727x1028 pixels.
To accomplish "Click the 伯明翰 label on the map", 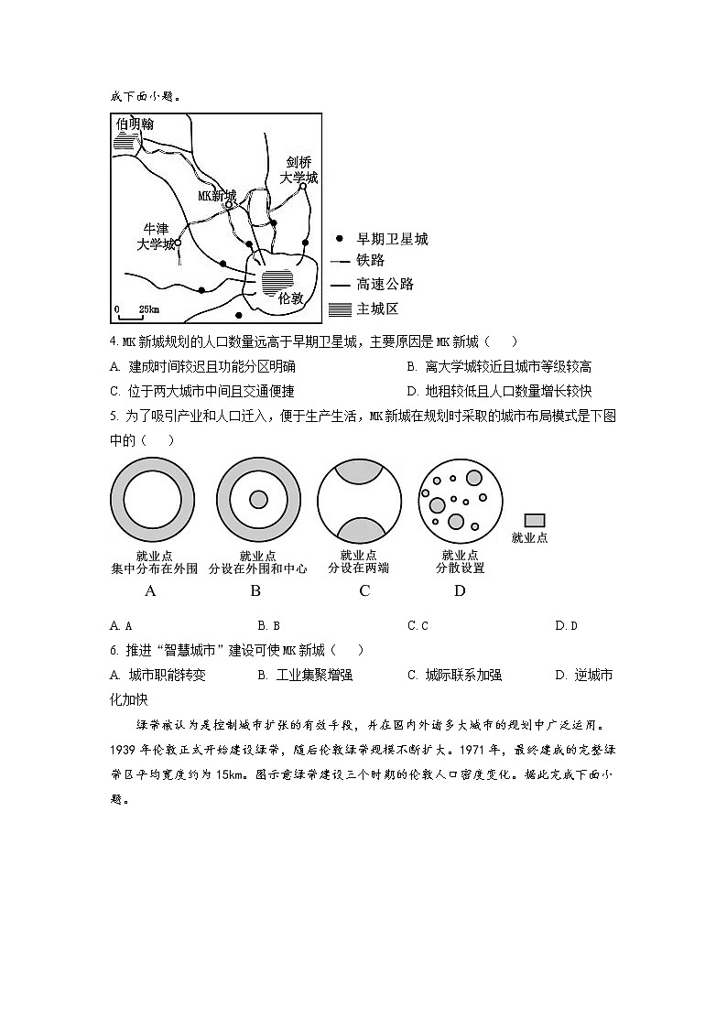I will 135,124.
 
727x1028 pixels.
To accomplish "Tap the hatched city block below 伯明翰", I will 125,143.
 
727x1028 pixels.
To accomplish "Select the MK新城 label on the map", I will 217,196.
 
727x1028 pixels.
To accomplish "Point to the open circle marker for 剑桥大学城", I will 302,187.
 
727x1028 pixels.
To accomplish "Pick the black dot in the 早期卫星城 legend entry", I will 340,239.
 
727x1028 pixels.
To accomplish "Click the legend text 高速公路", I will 385,285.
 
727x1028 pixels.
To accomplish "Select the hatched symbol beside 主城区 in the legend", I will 340,308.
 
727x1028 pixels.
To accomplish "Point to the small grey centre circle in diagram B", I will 258,499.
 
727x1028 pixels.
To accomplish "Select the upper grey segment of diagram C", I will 359,470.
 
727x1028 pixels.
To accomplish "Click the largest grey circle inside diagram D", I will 473,478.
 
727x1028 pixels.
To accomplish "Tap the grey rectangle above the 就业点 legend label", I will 534,520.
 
